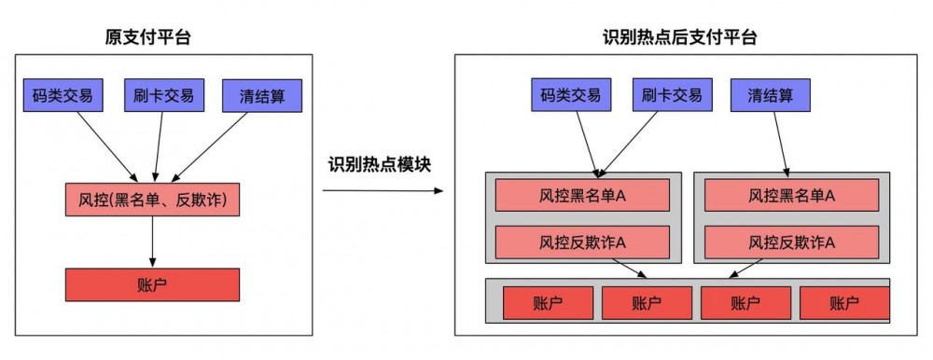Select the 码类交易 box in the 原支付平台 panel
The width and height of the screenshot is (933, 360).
(x=62, y=95)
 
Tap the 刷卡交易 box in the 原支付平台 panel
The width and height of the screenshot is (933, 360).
(x=162, y=95)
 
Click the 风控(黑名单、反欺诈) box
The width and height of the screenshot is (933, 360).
(x=152, y=198)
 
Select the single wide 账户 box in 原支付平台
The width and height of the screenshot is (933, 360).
(x=152, y=284)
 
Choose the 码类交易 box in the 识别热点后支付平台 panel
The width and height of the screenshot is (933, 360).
(x=570, y=94)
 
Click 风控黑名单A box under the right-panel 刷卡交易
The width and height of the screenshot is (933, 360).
(x=582, y=195)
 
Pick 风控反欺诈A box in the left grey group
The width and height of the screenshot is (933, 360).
(x=582, y=242)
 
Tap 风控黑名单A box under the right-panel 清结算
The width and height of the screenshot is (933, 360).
(x=791, y=195)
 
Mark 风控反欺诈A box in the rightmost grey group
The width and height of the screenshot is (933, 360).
(x=791, y=242)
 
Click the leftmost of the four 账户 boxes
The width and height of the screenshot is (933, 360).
(x=548, y=302)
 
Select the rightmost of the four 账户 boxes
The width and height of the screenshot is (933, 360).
(x=843, y=302)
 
